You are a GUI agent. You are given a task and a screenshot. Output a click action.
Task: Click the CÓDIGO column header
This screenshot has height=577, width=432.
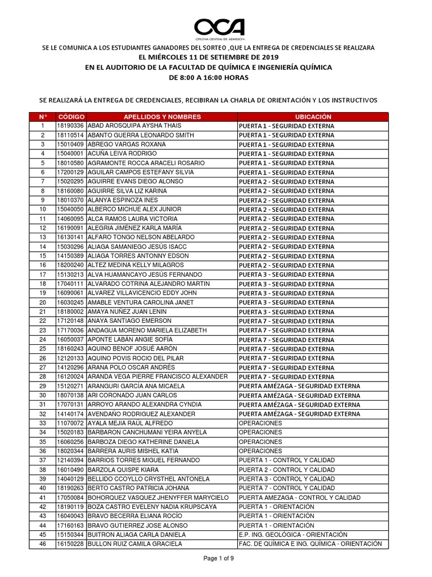coord(70,117)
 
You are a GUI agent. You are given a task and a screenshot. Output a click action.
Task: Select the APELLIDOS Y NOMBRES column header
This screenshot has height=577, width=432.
coord(161,117)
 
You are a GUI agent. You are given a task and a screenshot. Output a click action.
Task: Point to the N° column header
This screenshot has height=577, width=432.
coord(43,117)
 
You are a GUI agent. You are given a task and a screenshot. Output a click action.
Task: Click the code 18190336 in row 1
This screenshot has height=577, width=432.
coord(70,126)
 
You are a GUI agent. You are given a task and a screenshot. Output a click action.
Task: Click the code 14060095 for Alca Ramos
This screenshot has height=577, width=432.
coord(70,219)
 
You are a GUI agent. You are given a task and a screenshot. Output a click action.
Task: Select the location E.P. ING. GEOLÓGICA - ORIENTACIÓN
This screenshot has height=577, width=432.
coord(292,535)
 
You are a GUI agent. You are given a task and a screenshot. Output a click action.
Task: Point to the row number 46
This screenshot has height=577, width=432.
coord(43,544)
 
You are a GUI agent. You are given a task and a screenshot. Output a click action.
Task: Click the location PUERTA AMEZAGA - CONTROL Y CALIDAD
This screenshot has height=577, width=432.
coord(299,498)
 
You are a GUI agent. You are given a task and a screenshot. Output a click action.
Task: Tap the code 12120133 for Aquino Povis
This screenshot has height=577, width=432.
coord(70,358)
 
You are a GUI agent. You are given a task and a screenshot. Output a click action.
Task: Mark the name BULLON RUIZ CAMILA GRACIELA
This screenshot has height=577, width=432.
coord(135,544)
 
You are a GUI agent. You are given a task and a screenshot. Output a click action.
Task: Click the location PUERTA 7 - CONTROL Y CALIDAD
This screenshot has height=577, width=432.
coord(286,488)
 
